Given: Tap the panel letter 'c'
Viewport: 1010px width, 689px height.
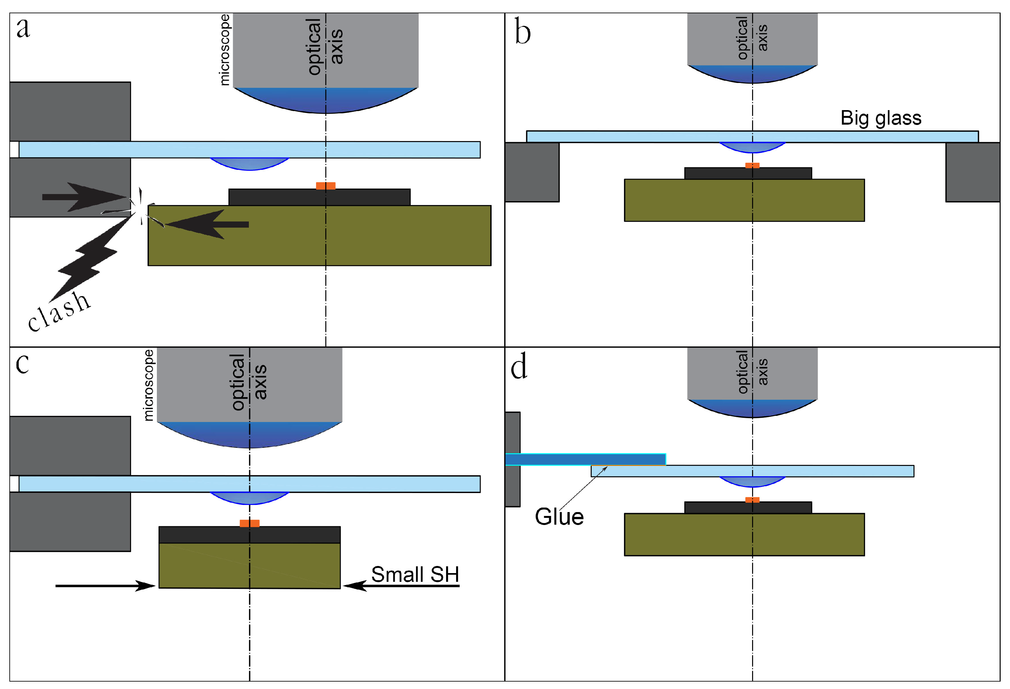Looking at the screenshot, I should (22, 364).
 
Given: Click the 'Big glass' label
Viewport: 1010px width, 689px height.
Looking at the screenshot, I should (881, 118).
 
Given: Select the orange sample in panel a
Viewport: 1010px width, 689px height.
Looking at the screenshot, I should (325, 186).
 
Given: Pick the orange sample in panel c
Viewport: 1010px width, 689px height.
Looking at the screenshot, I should (250, 523).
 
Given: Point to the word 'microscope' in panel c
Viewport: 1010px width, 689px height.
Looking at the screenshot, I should (148, 385).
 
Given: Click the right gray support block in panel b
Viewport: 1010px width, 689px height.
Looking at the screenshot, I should (973, 172).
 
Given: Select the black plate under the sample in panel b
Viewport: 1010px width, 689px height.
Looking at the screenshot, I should (748, 173).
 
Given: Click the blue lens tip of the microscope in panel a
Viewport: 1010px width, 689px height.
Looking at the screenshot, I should (325, 101).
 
